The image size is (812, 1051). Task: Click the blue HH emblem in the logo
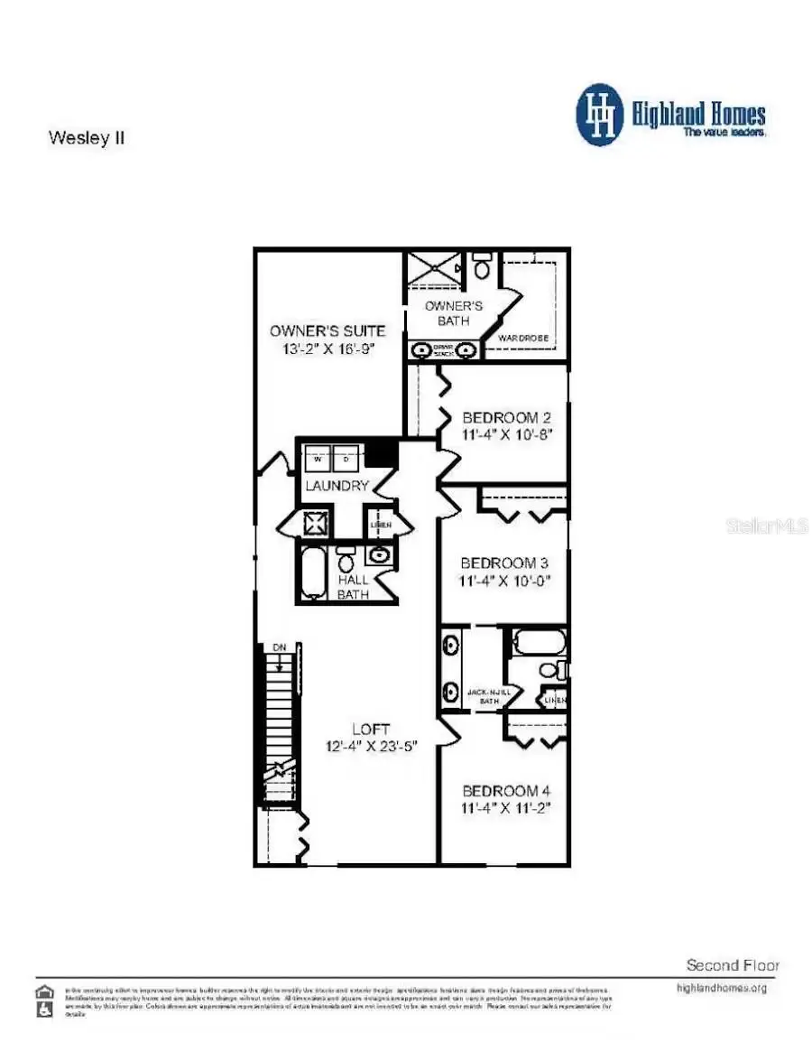point(600,115)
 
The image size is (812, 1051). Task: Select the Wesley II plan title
point(86,139)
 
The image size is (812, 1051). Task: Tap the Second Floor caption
point(733,965)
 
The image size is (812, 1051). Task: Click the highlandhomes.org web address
point(722,988)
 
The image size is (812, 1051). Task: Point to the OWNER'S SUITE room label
point(328,330)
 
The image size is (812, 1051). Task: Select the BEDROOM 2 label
point(506,417)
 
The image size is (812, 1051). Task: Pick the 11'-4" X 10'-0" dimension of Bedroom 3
point(505,581)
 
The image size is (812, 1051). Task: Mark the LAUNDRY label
point(337,486)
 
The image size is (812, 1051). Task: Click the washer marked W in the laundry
point(318,460)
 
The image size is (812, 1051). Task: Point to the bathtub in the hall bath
point(313,573)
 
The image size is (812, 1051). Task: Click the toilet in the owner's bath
point(482,267)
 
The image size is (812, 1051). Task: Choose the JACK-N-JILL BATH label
point(489,696)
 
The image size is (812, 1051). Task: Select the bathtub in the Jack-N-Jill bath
point(539,643)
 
